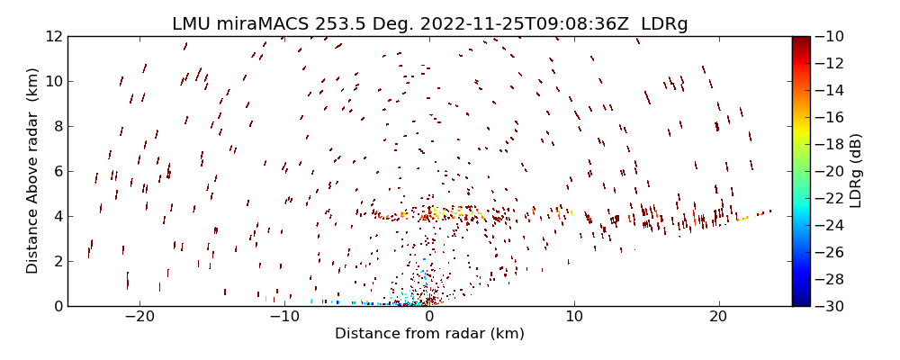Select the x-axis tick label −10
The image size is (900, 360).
(x=284, y=317)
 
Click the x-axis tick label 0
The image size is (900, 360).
(x=429, y=317)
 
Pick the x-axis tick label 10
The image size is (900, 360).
(x=574, y=317)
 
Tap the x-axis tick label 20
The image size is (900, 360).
(x=718, y=317)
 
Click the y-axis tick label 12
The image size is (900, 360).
(x=53, y=36)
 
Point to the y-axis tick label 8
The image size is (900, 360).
(x=57, y=126)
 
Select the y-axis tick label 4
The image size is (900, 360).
(x=57, y=216)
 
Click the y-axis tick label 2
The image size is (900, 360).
(x=57, y=261)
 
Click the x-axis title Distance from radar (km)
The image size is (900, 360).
(x=429, y=334)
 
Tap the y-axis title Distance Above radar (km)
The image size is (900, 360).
(x=33, y=171)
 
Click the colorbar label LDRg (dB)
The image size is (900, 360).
(x=855, y=171)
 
